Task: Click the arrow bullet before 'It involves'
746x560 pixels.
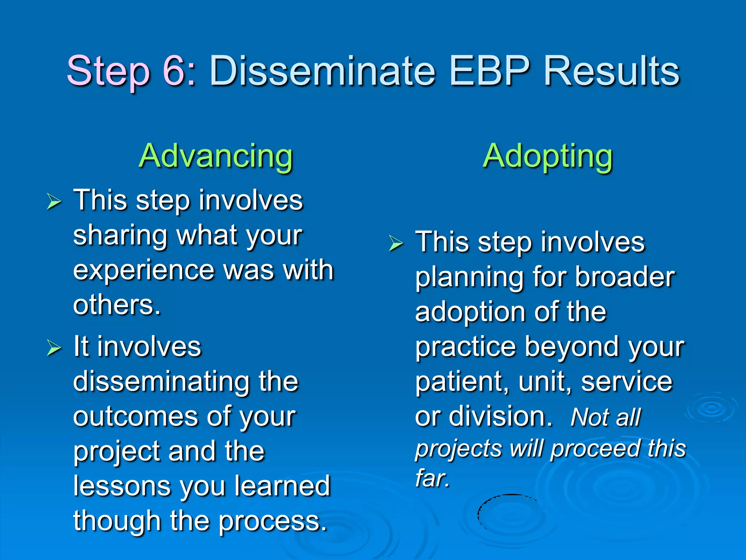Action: point(54,347)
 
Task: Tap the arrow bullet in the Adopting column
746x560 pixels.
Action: point(396,243)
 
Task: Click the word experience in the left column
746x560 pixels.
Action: point(144,271)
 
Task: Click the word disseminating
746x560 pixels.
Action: point(160,382)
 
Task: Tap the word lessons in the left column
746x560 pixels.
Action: point(122,486)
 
